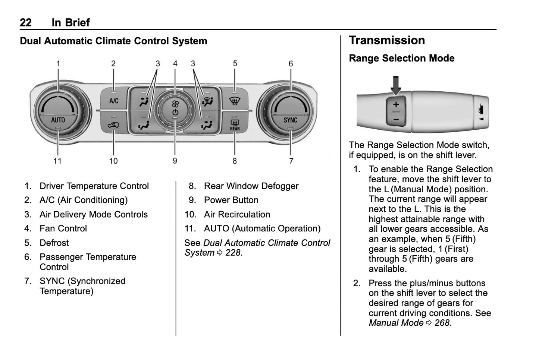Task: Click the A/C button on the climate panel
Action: (x=114, y=101)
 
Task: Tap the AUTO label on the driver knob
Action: (x=58, y=120)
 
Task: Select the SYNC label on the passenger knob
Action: (x=290, y=120)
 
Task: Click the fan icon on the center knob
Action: (x=175, y=104)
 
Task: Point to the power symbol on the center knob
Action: (x=175, y=112)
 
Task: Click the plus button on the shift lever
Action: (x=396, y=105)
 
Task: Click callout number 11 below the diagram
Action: (x=57, y=161)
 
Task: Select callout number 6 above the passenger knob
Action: (x=291, y=64)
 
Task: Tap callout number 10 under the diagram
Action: (x=113, y=161)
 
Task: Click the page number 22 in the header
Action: (x=26, y=23)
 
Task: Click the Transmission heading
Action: (x=387, y=40)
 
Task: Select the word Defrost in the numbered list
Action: (x=54, y=243)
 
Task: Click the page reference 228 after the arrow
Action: (x=233, y=253)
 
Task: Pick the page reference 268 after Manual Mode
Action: (x=442, y=323)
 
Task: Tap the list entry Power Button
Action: (x=231, y=200)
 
